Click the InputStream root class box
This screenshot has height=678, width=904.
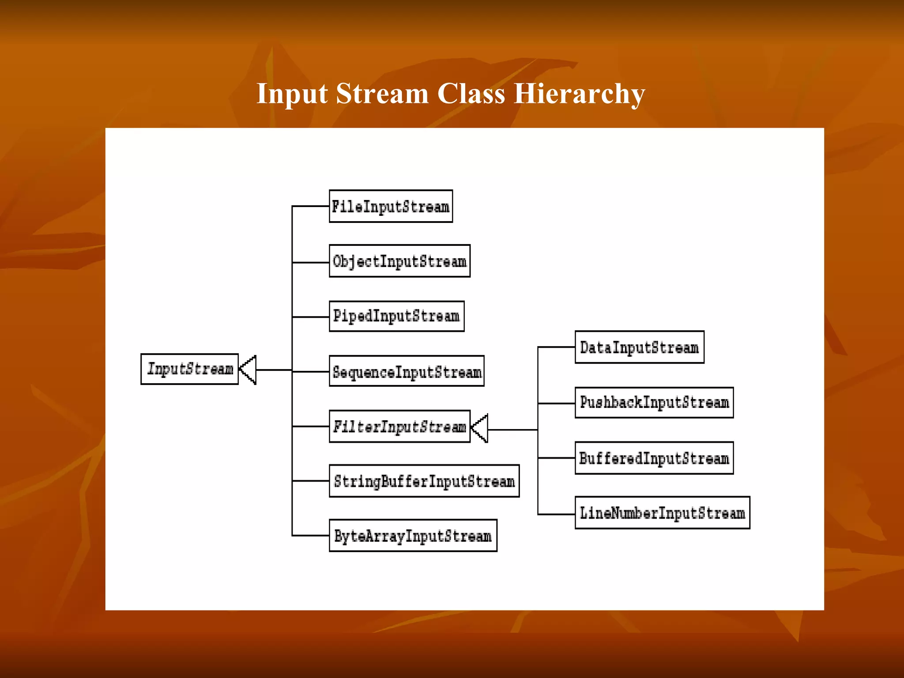click(x=189, y=369)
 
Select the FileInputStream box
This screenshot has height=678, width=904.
click(x=391, y=207)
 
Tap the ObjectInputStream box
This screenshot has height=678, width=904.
click(x=399, y=261)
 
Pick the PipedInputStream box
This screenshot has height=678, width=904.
click(x=396, y=316)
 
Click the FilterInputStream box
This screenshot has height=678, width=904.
click(x=399, y=426)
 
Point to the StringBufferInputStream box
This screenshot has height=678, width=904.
click(x=424, y=481)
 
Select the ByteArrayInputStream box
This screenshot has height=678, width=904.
click(x=413, y=536)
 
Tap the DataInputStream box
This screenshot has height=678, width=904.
click(x=639, y=347)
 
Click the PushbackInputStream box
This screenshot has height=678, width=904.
click(x=654, y=403)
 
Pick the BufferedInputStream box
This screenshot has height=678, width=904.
click(x=654, y=458)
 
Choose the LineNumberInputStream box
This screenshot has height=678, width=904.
click(x=662, y=513)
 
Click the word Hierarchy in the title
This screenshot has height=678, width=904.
click(x=579, y=94)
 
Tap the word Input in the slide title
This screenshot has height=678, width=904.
click(x=292, y=94)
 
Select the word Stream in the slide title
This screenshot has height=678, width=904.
click(x=382, y=94)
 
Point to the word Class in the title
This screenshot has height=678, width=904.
click(x=471, y=94)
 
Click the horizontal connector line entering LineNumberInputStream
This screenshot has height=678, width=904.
click(x=556, y=514)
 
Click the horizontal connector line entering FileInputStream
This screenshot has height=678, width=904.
click(x=311, y=206)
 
